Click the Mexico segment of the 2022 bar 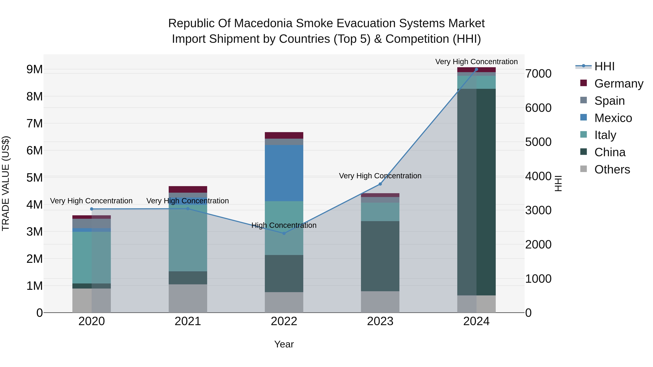pyautogui.click(x=284, y=173)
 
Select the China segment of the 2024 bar pyautogui.click(x=476, y=192)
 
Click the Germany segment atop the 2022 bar pyautogui.click(x=284, y=135)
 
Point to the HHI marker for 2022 pyautogui.click(x=284, y=233)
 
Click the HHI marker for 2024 pyautogui.click(x=476, y=69)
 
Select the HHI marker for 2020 pyautogui.click(x=92, y=209)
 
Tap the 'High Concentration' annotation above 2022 pyautogui.click(x=284, y=225)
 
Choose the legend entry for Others pyautogui.click(x=612, y=169)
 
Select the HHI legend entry pyautogui.click(x=604, y=66)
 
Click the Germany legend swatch pyautogui.click(x=584, y=83)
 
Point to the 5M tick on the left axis pyautogui.click(x=35, y=178)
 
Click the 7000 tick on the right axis pyautogui.click(x=538, y=74)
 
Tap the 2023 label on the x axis pyautogui.click(x=380, y=321)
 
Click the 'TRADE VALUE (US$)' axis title pyautogui.click(x=6, y=183)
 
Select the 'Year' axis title pyautogui.click(x=284, y=344)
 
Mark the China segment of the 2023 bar pyautogui.click(x=380, y=256)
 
